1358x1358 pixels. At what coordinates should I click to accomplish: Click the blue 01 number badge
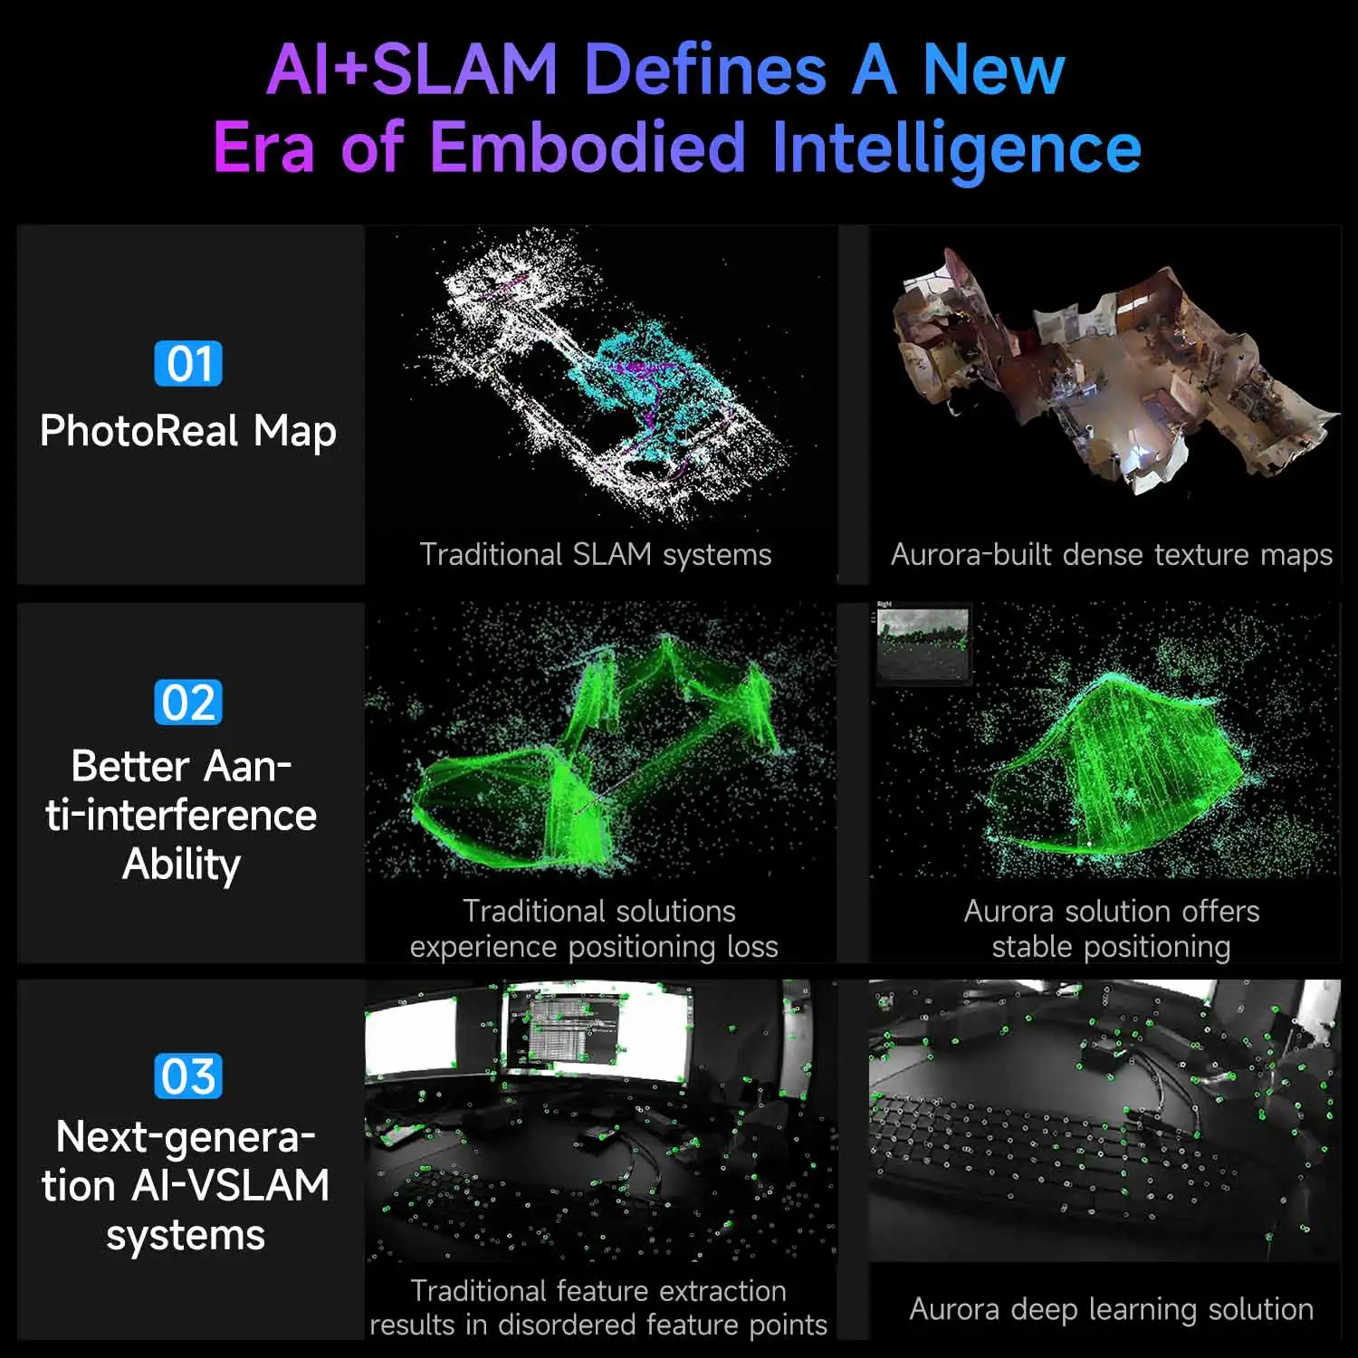click(x=188, y=364)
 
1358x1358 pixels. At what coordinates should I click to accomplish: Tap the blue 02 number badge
click(x=188, y=703)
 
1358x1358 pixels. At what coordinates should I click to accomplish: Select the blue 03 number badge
click(x=188, y=1076)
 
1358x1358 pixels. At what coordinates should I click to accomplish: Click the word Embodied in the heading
click(x=588, y=147)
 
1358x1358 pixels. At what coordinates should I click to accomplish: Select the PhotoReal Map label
click(x=188, y=431)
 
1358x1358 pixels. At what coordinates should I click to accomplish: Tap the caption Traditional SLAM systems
click(x=596, y=554)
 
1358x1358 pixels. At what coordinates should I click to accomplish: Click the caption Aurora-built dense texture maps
click(x=1111, y=554)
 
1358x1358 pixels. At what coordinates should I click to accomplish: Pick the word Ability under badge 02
click(x=182, y=865)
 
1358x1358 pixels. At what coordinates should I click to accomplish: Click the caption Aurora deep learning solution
click(x=1111, y=1309)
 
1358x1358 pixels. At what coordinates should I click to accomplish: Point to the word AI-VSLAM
click(x=230, y=1186)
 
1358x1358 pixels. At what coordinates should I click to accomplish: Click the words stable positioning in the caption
click(x=1111, y=947)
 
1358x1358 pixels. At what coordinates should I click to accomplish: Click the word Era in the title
click(x=263, y=147)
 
